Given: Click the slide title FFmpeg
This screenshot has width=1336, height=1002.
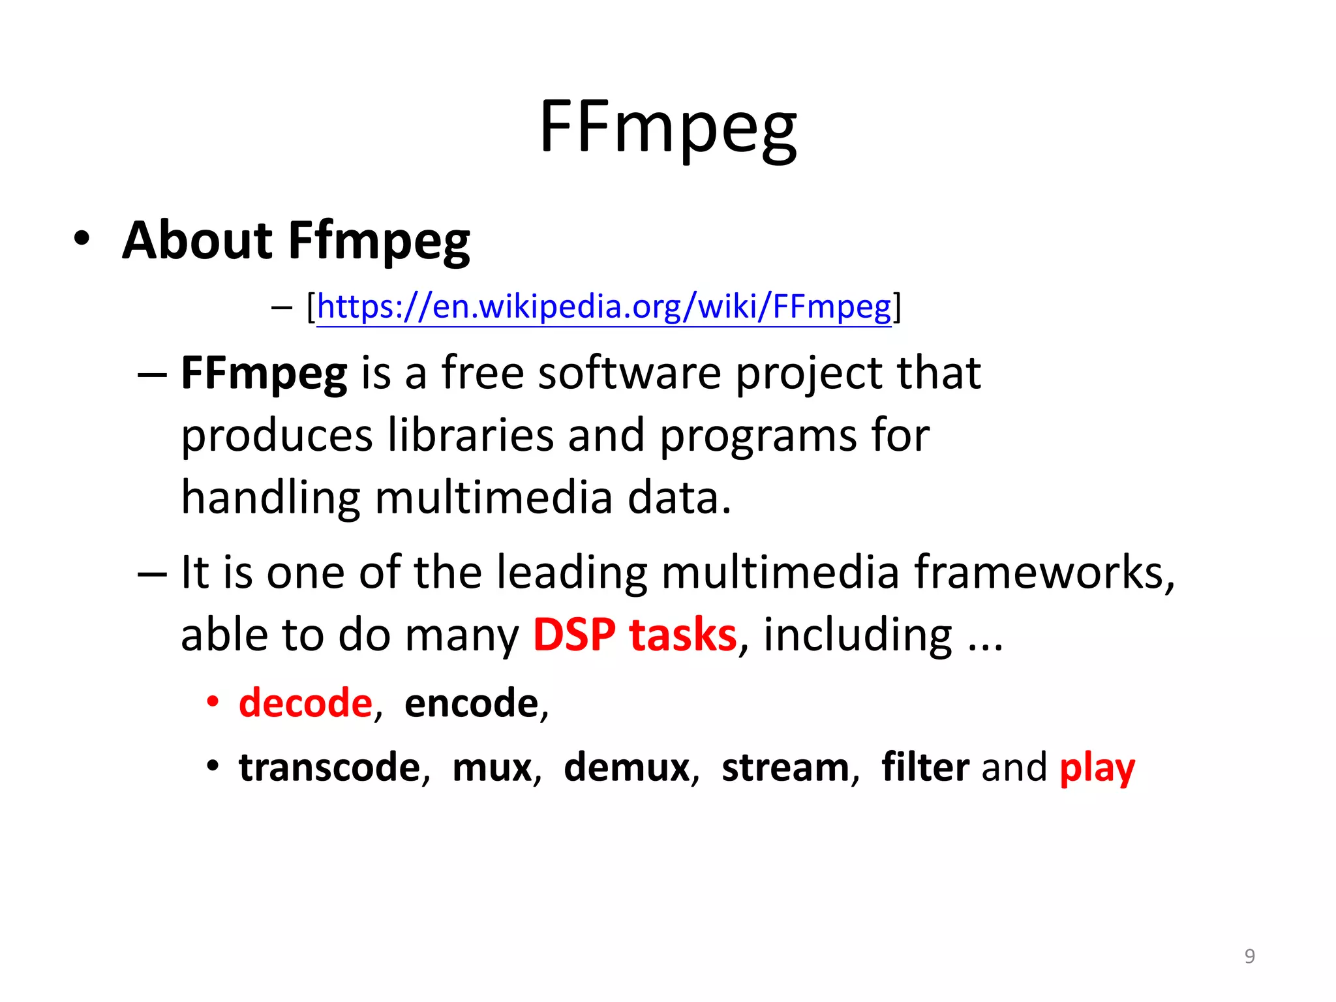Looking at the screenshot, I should [668, 127].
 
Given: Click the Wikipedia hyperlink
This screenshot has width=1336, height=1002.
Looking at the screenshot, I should [603, 307].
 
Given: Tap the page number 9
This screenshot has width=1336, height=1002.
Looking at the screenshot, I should [1249, 956].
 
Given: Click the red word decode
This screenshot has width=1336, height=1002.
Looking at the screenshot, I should [305, 703].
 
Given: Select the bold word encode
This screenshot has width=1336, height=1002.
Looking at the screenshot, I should [471, 703].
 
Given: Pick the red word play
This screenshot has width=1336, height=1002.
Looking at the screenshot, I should [1097, 768].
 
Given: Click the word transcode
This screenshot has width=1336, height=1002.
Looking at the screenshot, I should [329, 767].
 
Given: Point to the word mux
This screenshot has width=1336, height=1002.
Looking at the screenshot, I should [493, 768].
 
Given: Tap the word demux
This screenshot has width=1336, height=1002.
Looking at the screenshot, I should [627, 767].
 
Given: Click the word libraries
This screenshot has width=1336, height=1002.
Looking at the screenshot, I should [470, 435].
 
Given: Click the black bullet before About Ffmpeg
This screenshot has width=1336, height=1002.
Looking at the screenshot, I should [81, 238].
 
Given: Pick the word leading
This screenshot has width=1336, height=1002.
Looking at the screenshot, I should [571, 572].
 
